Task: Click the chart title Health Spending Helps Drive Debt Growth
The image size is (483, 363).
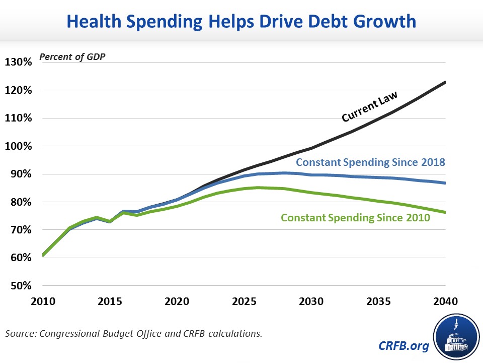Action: tap(242, 21)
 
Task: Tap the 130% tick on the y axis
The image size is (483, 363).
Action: tap(19, 63)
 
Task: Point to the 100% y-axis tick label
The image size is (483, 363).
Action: tap(19, 146)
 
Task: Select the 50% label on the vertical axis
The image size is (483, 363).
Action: tap(21, 286)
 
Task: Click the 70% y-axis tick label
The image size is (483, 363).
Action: tap(21, 230)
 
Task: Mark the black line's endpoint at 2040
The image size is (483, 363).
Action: tap(445, 82)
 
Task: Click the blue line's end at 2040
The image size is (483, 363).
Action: tap(445, 183)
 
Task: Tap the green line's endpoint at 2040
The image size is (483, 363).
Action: tap(445, 212)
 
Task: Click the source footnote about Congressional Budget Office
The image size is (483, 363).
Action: tap(133, 333)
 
